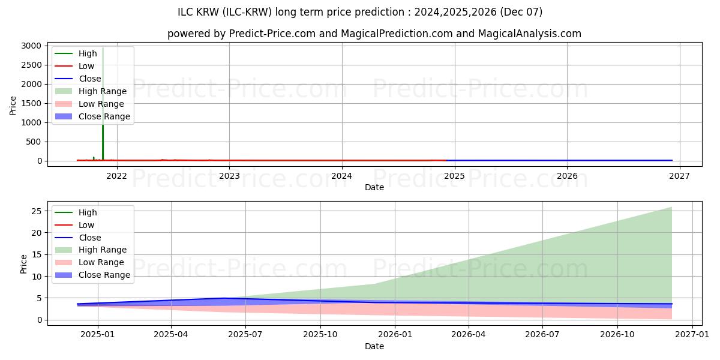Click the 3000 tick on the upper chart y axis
pyautogui.click(x=32, y=46)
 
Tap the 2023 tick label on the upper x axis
pyautogui.click(x=229, y=175)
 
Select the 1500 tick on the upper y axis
pyautogui.click(x=32, y=103)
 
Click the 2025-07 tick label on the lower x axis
pyautogui.click(x=246, y=334)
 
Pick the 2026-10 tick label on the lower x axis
pyautogui.click(x=617, y=334)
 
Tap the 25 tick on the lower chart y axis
pyautogui.click(x=37, y=211)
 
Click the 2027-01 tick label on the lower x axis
pyautogui.click(x=692, y=334)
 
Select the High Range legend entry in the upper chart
pyautogui.click(x=103, y=91)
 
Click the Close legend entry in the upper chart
pyautogui.click(x=90, y=79)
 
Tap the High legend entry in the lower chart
pyautogui.click(x=88, y=212)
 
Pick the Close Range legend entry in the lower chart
pyautogui.click(x=104, y=275)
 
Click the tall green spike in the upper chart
pyautogui.click(x=103, y=102)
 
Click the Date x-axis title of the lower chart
pyautogui.click(x=374, y=346)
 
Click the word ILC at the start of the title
pyautogui.click(x=186, y=12)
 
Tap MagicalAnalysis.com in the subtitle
pyautogui.click(x=529, y=34)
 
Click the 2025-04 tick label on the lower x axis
pyautogui.click(x=172, y=334)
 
